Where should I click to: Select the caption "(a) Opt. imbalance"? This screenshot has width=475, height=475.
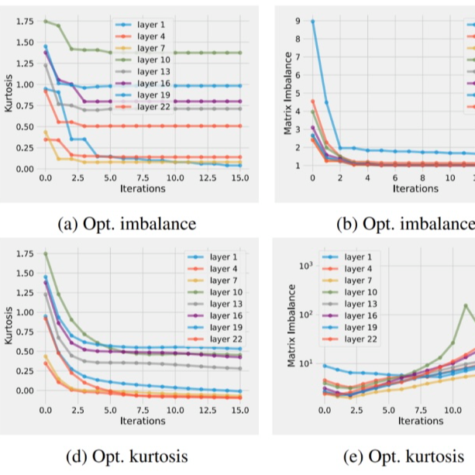click(x=127, y=225)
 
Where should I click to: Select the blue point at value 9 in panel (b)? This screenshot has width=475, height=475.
click(x=312, y=22)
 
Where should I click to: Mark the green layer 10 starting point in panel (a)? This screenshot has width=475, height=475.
click(x=45, y=21)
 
